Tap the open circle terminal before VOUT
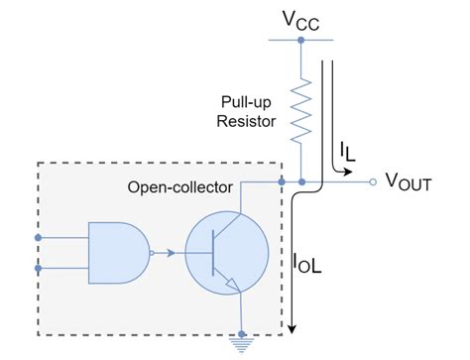point(373,182)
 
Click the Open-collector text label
point(179,187)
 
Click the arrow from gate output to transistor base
point(171,252)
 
